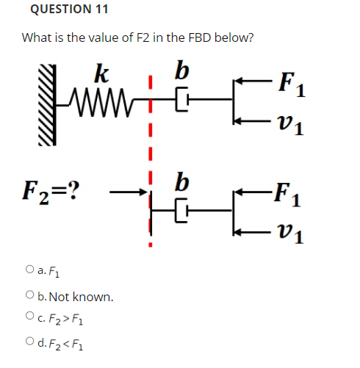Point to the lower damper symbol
tap(184, 213)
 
